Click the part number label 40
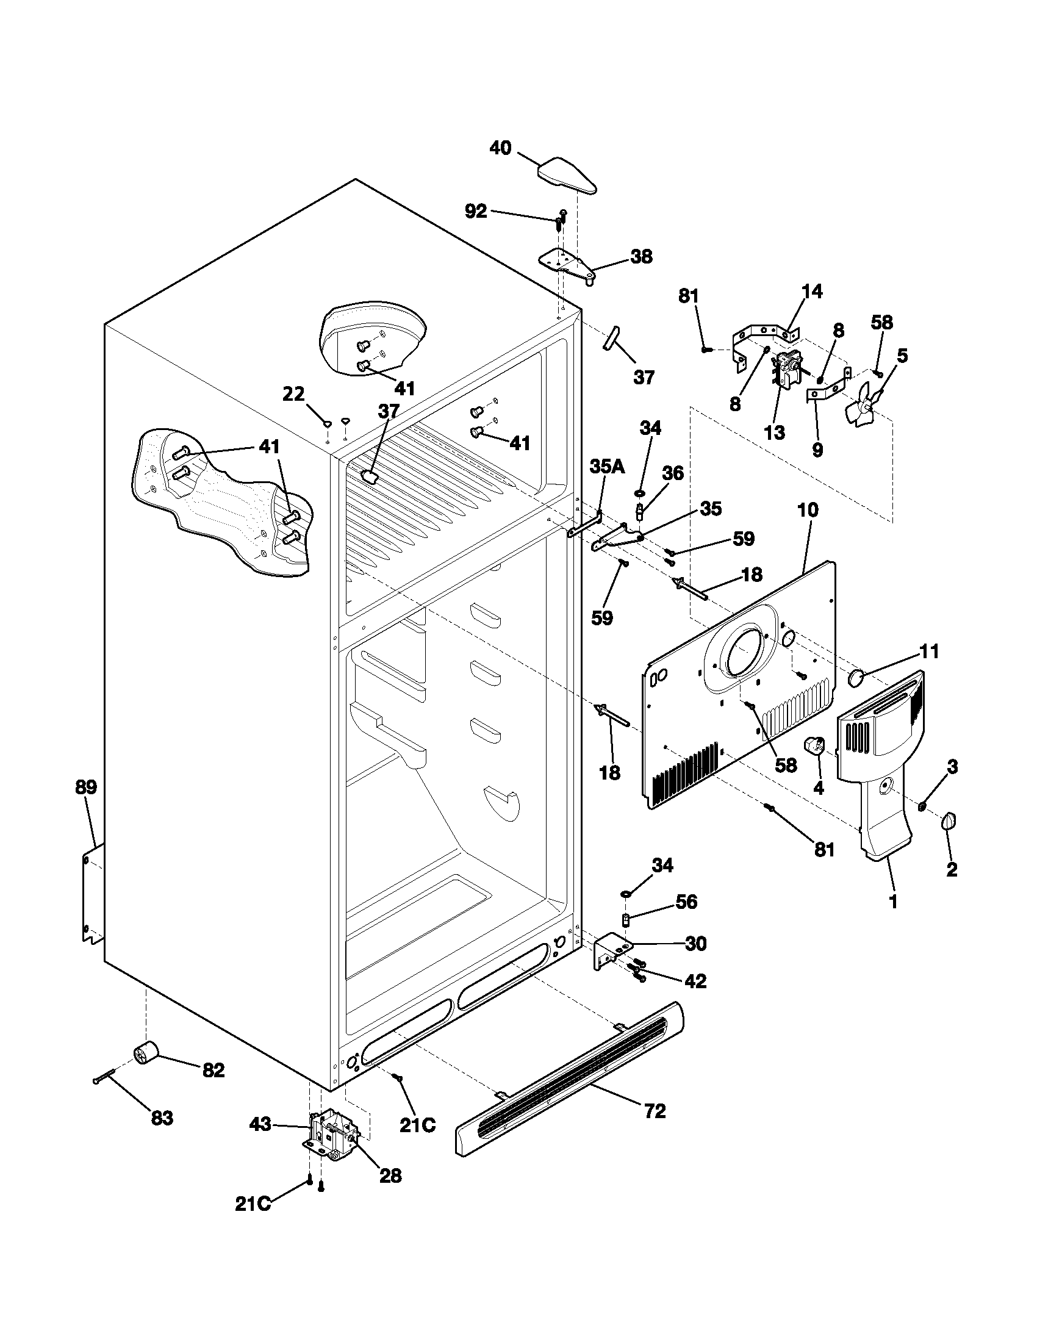coord(500,148)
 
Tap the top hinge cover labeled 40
coord(568,176)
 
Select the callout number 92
coord(476,212)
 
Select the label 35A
coord(607,467)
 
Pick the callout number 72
coord(655,1111)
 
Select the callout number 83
coord(162,1118)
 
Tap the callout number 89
coord(86,787)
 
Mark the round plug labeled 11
coord(856,678)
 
